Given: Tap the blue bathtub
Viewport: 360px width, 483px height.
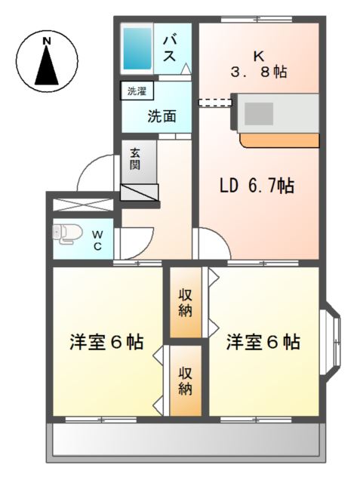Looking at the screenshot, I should pos(139,48).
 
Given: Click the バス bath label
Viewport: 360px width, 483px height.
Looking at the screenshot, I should pos(171,48).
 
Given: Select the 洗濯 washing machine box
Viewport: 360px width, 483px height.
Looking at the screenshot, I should pos(137,92).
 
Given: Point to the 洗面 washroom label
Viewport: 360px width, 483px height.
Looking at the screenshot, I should pos(162,116).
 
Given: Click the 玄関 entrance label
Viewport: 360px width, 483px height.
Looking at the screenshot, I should pos(134,158).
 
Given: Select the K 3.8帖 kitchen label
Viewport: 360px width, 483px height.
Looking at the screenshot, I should pos(259,63).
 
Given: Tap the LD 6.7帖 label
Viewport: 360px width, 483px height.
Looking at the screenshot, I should pos(256,186).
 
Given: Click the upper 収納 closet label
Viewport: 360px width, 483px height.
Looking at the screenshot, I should pos(185,301).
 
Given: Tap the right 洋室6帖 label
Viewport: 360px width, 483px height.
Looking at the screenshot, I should pos(263,342).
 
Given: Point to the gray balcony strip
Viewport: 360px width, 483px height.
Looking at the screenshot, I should pos(184,441).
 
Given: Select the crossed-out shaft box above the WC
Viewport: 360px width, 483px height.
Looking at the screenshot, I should pos(81,205).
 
